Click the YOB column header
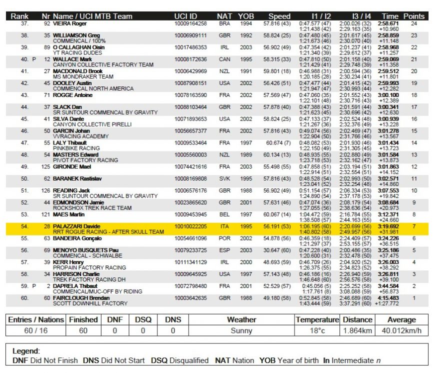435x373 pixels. [x=245, y=16]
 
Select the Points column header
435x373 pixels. [x=413, y=16]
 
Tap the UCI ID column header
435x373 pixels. [x=185, y=16]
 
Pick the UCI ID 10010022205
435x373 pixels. [x=190, y=226]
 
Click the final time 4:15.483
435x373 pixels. [x=388, y=298]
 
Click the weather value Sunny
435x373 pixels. [x=241, y=331]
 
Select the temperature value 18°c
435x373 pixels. [x=316, y=331]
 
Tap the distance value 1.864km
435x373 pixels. [x=357, y=331]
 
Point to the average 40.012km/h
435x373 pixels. [x=401, y=331]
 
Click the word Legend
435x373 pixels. [x=25, y=351]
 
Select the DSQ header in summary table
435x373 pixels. [x=142, y=319]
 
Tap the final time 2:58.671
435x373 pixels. [x=388, y=23]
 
